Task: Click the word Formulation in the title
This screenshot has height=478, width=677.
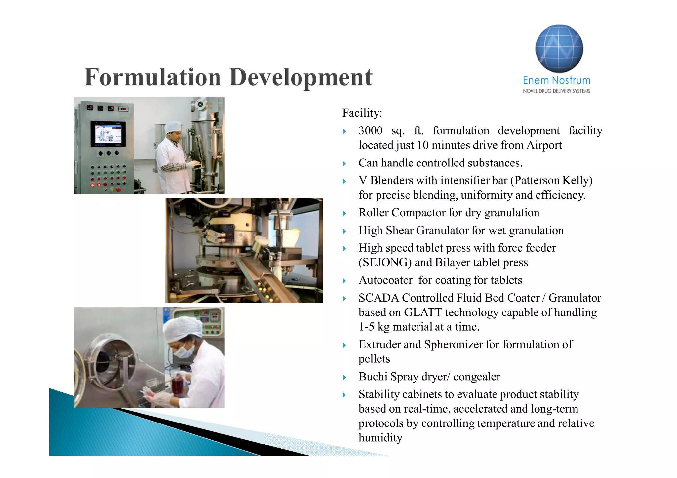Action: click(152, 77)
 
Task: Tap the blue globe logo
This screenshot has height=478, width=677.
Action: click(559, 49)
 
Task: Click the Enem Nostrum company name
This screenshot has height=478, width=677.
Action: click(556, 80)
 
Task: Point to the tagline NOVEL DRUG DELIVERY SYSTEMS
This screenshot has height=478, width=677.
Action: click(556, 91)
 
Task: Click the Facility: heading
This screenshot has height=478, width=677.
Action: click(362, 113)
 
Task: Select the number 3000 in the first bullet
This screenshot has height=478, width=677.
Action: click(370, 131)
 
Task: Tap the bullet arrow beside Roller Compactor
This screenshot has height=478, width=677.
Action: click(344, 213)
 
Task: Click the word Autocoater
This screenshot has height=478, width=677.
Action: click(385, 280)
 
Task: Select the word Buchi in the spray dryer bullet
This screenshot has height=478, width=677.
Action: click(373, 377)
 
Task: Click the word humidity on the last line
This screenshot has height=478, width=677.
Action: click(380, 438)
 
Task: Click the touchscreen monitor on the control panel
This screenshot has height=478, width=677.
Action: click(108, 134)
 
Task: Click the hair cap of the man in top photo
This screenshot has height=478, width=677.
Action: click(173, 126)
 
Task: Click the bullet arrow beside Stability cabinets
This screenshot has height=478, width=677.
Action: click(344, 395)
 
